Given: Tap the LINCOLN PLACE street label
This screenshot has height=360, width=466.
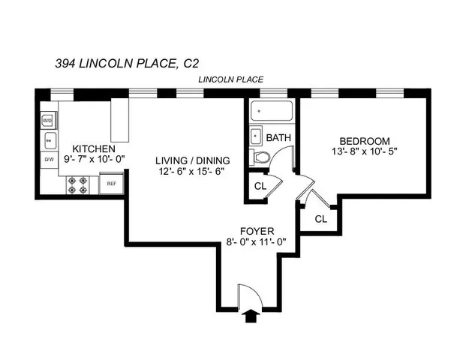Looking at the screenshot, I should (230, 79).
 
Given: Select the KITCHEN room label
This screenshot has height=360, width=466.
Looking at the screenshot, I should (93, 148).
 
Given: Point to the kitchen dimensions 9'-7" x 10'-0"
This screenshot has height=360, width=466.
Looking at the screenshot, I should (93, 159).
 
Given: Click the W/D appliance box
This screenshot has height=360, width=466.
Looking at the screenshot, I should (47, 120).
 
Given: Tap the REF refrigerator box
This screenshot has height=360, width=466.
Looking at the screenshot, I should (111, 183).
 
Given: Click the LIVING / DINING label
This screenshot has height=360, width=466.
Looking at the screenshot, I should (192, 160).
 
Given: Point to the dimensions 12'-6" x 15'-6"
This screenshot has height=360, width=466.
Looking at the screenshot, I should (192, 171).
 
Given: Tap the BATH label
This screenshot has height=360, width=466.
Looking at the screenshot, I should (278, 138).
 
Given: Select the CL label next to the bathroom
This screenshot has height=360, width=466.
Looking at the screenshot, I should (260, 186).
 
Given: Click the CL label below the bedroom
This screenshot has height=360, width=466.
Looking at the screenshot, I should (320, 219).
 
